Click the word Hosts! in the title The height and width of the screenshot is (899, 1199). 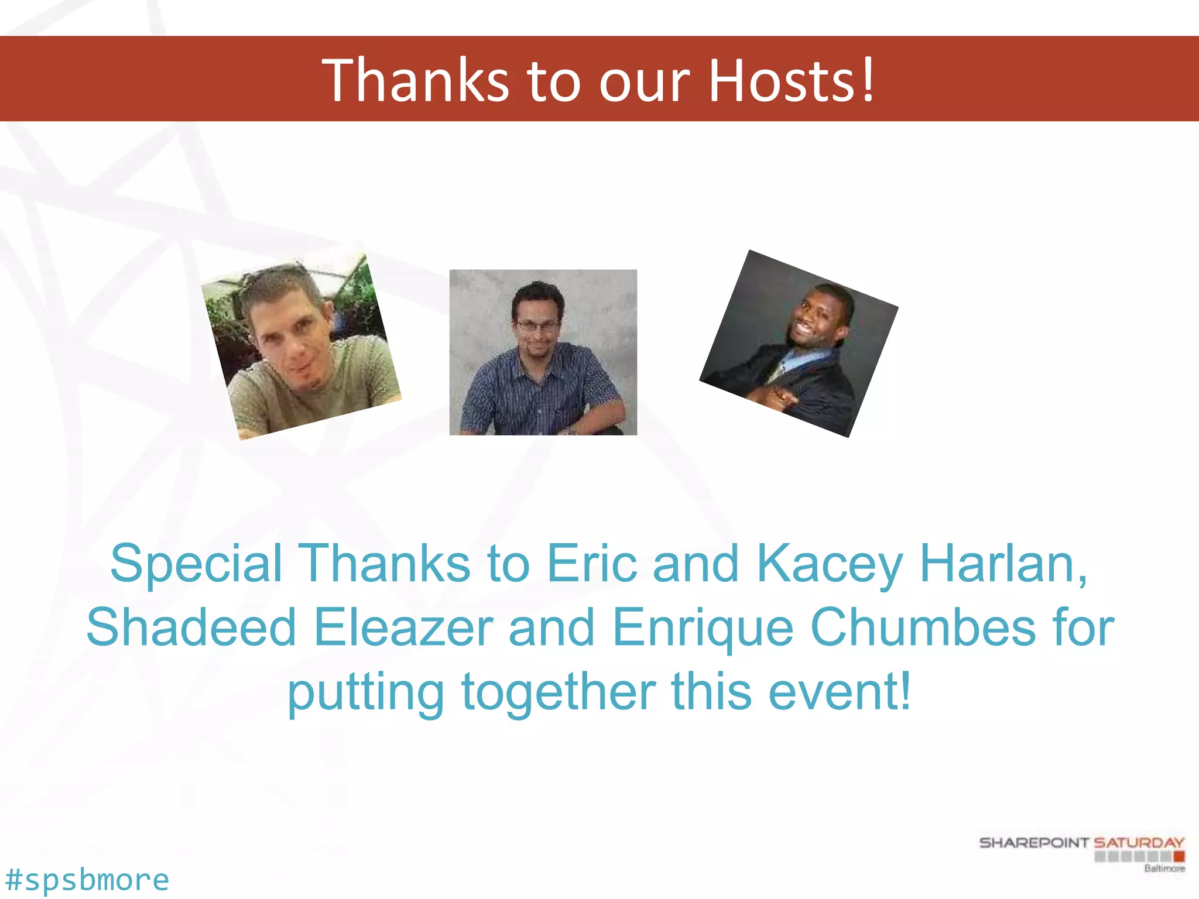point(792,80)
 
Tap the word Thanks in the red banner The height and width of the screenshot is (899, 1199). point(416,80)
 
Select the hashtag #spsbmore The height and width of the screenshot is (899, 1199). point(87,880)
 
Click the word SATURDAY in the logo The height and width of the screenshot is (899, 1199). point(1139,843)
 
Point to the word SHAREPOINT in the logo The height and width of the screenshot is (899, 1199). point(1034,843)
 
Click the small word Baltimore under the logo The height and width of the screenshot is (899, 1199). point(1164,869)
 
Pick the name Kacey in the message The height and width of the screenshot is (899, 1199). point(829,564)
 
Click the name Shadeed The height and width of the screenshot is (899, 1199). point(191,627)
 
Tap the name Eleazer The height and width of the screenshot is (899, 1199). point(403,627)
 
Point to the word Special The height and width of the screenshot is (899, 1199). point(196,564)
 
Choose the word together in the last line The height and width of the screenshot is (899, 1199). point(559,693)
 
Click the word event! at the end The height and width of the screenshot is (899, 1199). point(840,692)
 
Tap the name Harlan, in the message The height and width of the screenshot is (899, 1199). point(1003,564)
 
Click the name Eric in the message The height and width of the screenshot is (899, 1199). point(591,564)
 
